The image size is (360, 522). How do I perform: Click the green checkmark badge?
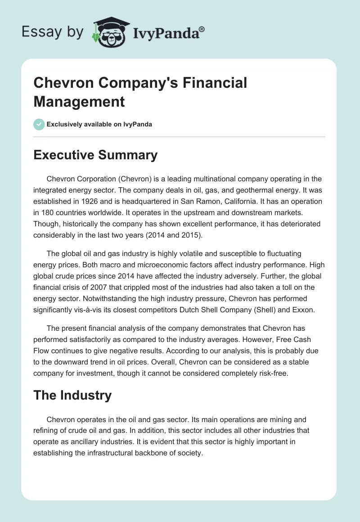pos(39,124)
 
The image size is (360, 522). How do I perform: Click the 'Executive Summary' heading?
pos(95,155)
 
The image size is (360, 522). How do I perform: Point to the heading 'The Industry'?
pos(72,395)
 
